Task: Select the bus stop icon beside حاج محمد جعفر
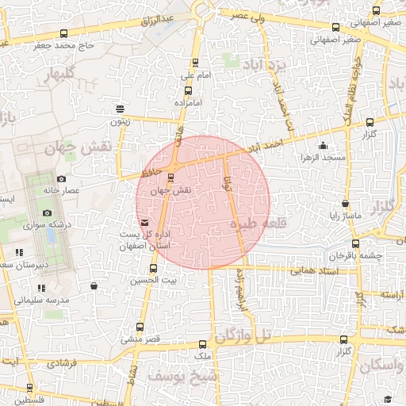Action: point(64,34)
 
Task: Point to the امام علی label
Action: point(193,75)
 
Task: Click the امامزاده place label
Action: point(191,104)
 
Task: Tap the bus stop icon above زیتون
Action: point(120,109)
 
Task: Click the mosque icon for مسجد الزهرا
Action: point(322,146)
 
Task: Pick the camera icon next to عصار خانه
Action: point(62,179)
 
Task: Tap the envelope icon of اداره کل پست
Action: point(144,223)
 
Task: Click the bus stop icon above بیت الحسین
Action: point(153,268)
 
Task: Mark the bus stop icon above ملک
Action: point(203,345)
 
